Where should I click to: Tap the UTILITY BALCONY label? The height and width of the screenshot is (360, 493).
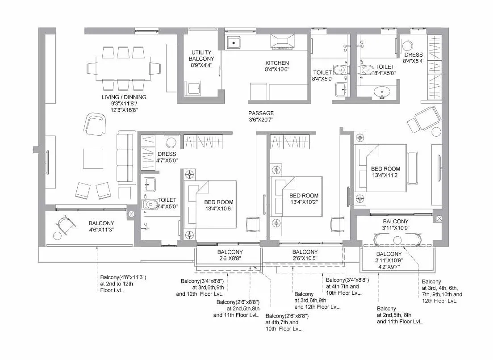[201, 59]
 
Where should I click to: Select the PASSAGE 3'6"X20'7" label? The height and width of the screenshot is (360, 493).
[261, 116]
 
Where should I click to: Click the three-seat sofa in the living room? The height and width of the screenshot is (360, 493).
[125, 158]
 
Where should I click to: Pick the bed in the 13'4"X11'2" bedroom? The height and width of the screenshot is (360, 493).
[381, 176]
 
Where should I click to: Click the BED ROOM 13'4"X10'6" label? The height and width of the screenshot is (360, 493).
[218, 205]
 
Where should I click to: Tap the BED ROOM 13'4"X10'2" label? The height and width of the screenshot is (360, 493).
[304, 199]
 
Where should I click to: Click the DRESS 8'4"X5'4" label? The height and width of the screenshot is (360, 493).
[413, 58]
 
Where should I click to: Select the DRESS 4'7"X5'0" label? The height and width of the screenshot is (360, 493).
[167, 157]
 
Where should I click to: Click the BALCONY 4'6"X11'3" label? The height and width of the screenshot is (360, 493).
[101, 226]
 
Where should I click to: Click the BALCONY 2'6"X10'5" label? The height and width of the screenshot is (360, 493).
[305, 255]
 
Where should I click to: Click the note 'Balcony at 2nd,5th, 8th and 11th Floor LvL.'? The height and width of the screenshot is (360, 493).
[400, 315]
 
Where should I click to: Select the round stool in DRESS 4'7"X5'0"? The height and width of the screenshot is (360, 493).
[171, 143]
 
